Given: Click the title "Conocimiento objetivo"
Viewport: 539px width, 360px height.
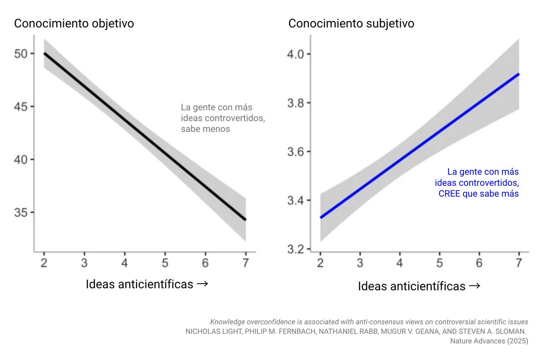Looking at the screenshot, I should pos(74,24).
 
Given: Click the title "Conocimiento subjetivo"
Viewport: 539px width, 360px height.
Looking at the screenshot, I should pos(351,24).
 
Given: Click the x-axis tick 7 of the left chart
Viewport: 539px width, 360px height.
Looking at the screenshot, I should pos(245,263).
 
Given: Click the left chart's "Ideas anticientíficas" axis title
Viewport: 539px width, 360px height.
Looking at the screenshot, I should pos(146,284).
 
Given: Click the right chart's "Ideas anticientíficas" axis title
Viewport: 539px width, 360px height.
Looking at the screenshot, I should pos(419,286).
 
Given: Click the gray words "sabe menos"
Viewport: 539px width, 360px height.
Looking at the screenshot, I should pos(205,129).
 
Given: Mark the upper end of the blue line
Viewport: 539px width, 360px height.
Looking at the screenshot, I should pos(519,74).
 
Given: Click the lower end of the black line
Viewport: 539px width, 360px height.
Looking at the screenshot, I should pos(246,220).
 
